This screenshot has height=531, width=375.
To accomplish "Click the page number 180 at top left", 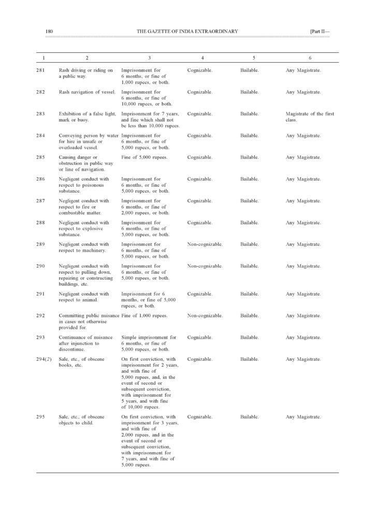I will coord(49,32).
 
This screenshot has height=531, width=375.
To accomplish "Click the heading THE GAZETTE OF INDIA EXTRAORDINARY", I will coord(187,32).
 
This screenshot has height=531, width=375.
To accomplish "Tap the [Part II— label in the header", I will coord(319,32).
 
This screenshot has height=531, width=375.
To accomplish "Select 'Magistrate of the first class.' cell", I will coord(310,117).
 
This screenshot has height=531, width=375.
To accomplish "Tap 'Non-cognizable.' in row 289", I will coord(205,244).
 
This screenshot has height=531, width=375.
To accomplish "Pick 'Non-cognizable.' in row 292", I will coord(205,316).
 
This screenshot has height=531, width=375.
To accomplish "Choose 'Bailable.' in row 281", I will coord(250,70).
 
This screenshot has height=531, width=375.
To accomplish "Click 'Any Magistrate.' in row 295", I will coord(303,416).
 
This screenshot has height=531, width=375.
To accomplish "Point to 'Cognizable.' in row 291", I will coord(200,294).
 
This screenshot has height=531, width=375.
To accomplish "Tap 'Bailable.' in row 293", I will coord(250,338).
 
